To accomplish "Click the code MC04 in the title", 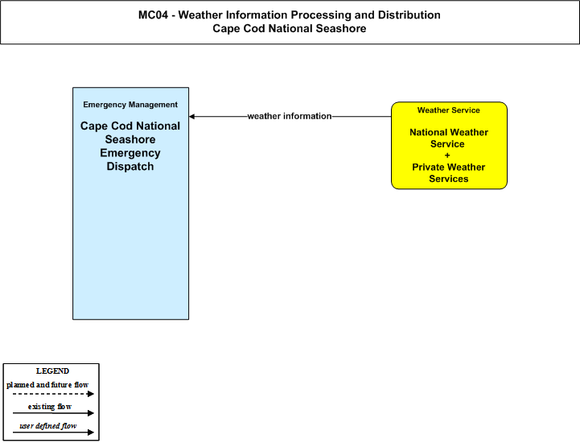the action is tap(153, 14).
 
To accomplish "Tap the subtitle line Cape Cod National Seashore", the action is tap(290, 28).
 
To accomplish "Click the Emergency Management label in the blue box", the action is tap(130, 105).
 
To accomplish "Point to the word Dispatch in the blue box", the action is tap(130, 166).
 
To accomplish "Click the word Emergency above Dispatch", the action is tap(130, 153).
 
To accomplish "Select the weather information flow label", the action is tap(290, 116).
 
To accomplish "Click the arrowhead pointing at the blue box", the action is tap(191, 116).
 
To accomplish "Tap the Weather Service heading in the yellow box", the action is tap(449, 110).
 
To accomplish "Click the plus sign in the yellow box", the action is tap(447, 155).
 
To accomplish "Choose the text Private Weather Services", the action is tap(449, 173).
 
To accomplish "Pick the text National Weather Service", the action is tap(449, 139).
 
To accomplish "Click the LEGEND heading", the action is tap(52, 371).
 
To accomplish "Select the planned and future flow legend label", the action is tap(47, 385).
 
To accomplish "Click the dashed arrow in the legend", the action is tap(53, 394).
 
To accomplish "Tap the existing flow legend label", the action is tap(50, 407).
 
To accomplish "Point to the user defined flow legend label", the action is tap(48, 426).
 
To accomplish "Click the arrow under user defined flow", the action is tap(53, 433).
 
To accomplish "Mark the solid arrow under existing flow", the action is tap(53, 413).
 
